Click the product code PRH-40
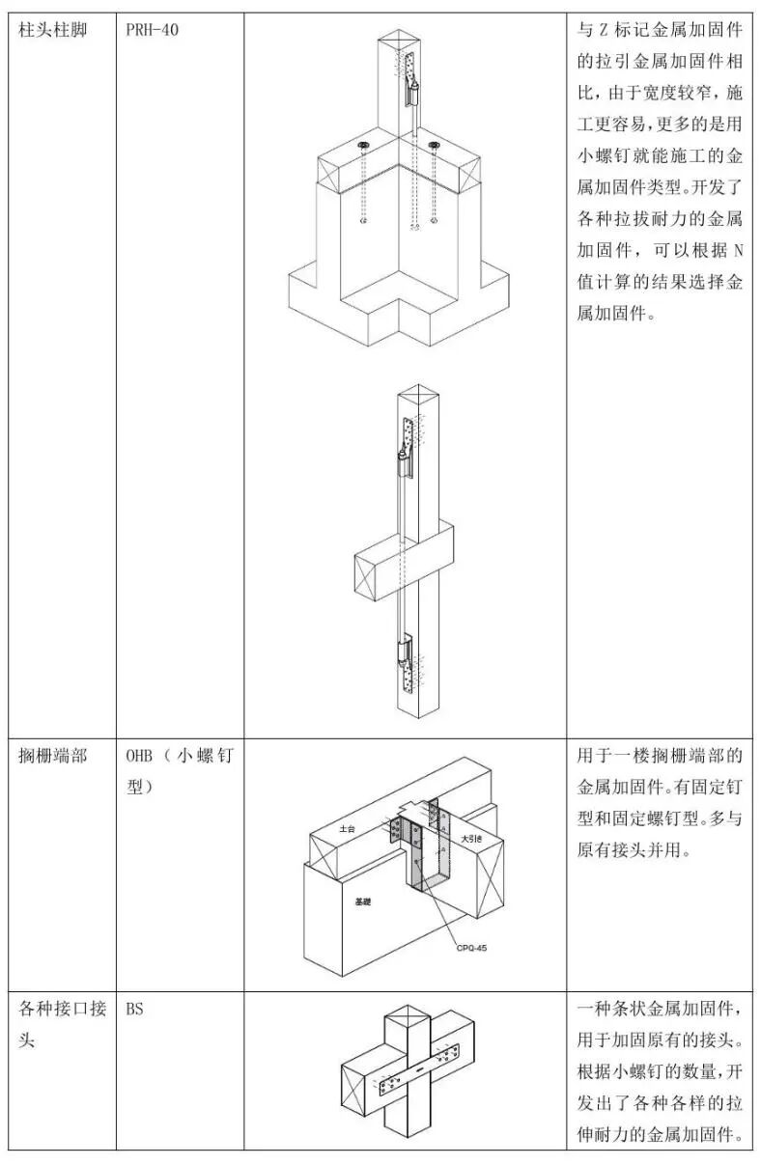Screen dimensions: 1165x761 [152, 30]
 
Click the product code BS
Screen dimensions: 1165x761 [134, 1009]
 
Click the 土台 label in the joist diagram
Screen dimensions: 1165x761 [349, 828]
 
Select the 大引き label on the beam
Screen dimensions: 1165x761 [471, 838]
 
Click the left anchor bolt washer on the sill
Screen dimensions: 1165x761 [364, 146]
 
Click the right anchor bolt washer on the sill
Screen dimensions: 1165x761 [434, 146]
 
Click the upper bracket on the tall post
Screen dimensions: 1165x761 [408, 448]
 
